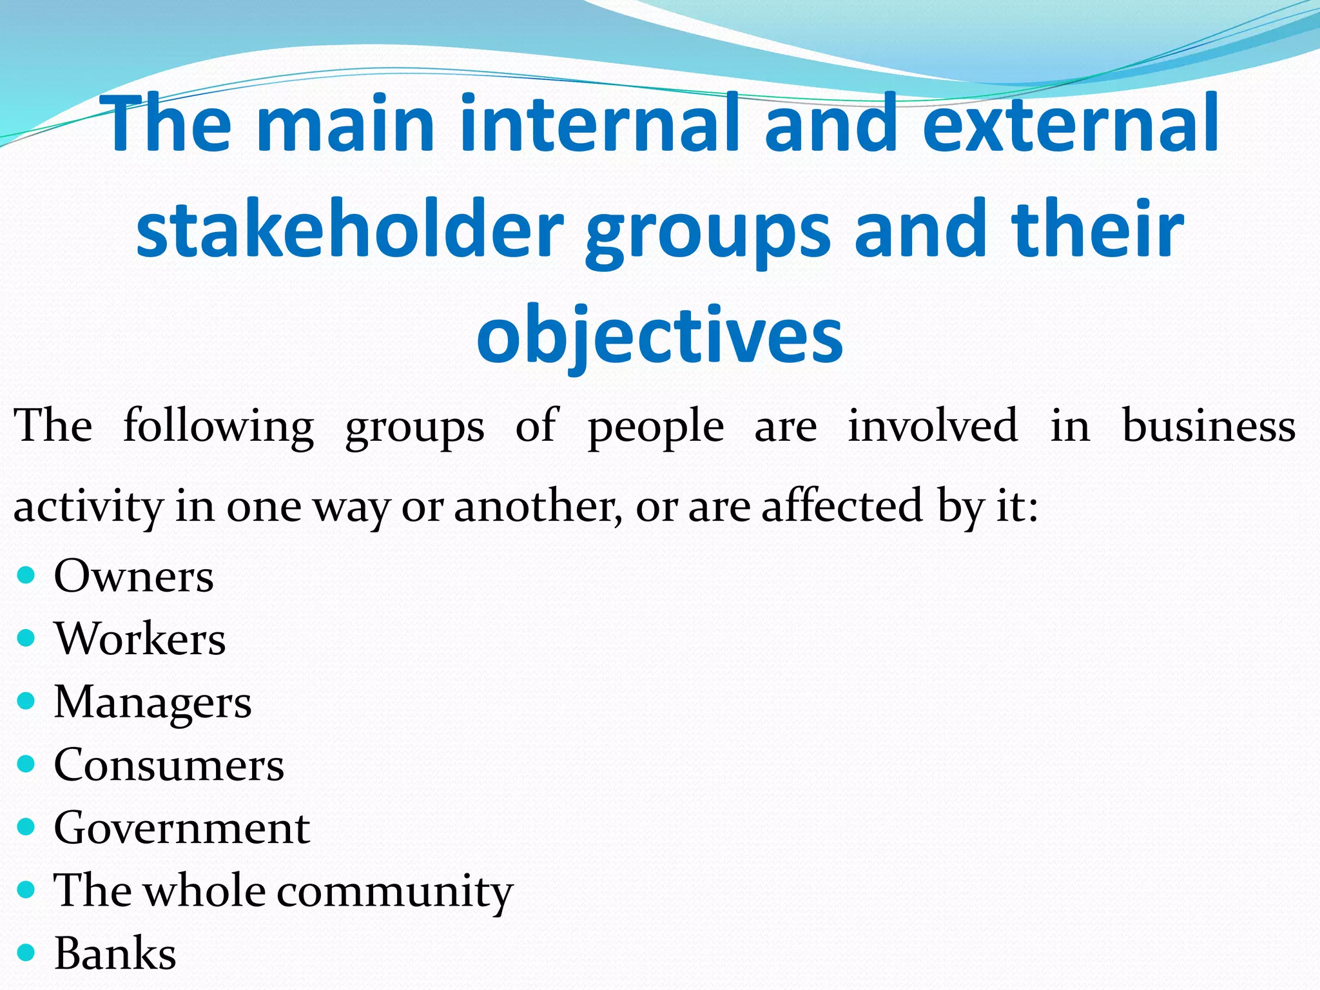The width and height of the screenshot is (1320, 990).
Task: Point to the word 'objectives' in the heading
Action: (x=659, y=335)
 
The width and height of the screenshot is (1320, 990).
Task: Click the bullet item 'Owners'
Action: (x=133, y=576)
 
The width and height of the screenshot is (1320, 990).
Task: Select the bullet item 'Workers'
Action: (x=140, y=639)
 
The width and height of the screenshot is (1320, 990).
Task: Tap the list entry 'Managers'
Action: (x=153, y=703)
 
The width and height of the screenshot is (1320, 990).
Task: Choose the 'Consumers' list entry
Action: (x=169, y=765)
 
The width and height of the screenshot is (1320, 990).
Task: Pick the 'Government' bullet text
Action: (x=182, y=828)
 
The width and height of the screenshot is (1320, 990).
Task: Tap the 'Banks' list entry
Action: (x=115, y=953)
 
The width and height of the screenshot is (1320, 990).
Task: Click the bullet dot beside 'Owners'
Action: (x=26, y=575)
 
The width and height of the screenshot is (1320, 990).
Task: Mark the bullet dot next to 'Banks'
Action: (x=26, y=953)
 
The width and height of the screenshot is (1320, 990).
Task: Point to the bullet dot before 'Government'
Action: (x=26, y=827)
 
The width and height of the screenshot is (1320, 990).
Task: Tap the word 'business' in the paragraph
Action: (x=1208, y=426)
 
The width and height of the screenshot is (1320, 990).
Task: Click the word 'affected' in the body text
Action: (x=842, y=506)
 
